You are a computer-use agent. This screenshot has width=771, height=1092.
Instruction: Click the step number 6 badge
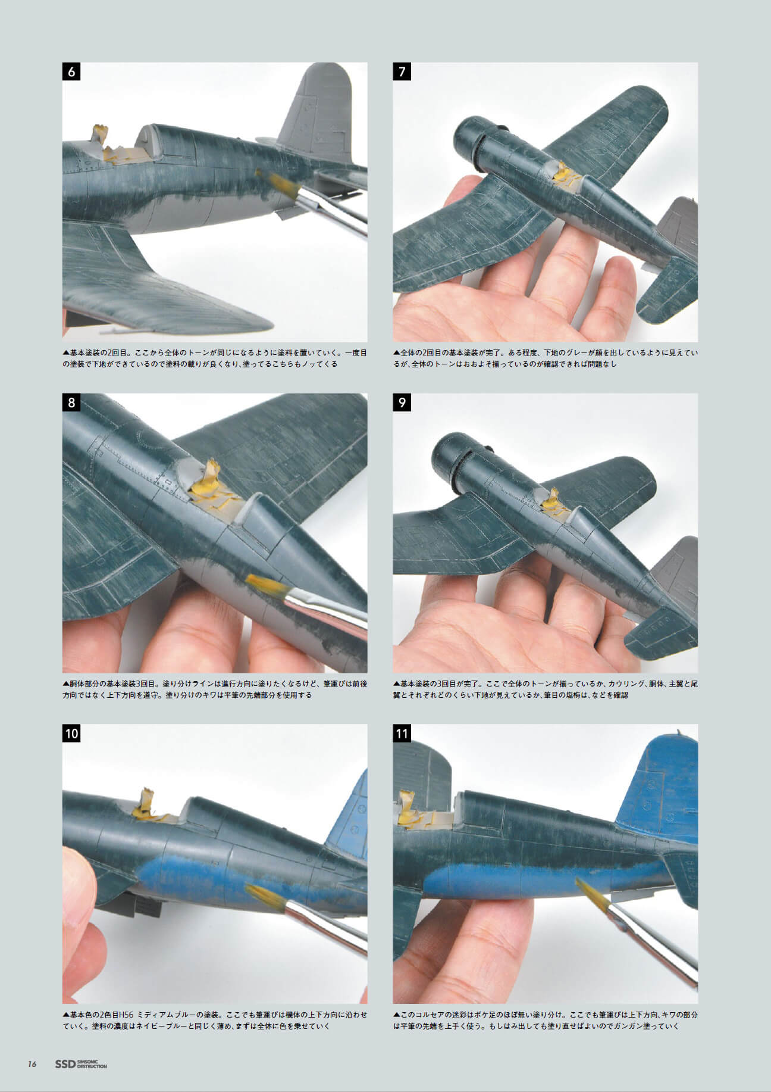coord(72,71)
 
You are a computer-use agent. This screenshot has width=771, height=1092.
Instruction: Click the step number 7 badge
coord(402,71)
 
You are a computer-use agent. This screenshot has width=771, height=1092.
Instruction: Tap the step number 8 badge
coord(72,403)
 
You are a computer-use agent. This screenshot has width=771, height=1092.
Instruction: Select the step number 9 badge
coord(402,403)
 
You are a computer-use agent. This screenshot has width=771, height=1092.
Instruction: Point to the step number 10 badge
coord(72,733)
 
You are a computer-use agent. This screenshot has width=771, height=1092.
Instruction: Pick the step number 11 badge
coord(402,733)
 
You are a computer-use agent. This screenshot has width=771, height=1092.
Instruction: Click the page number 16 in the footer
coord(32,1064)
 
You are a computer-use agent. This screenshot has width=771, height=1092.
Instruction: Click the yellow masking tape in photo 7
coord(562,176)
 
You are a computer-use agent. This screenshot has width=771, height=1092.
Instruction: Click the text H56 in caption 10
coord(128,1015)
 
